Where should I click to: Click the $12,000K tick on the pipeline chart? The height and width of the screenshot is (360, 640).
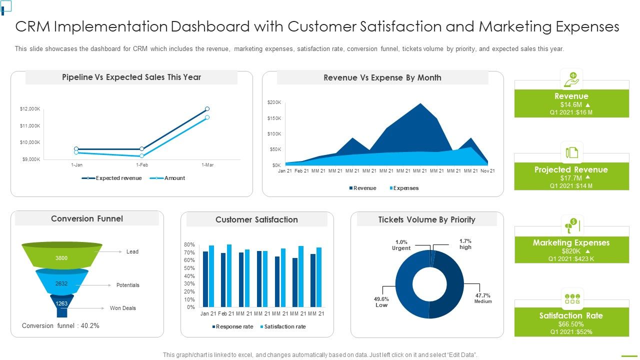coord(30,108)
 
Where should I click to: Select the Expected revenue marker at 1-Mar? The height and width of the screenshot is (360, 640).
coord(207,108)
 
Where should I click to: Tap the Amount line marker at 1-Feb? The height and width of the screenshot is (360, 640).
coord(141,156)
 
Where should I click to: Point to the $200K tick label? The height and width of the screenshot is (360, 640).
coord(274,102)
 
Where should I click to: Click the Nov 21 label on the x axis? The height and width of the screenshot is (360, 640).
coord(487,171)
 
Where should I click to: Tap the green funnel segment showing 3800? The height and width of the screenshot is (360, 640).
coord(61,257)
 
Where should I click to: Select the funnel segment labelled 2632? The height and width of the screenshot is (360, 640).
coord(61,283)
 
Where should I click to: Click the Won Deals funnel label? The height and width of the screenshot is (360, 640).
coord(122,308)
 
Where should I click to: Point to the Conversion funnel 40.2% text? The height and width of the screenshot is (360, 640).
coord(60,325)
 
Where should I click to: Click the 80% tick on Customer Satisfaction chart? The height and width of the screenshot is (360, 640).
coord(189,244)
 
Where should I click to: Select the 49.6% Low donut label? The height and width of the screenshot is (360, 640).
coord(381,302)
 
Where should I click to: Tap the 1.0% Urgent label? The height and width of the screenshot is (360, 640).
coord(401,245)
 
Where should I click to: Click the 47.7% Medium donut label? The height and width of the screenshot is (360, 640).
coord(483,298)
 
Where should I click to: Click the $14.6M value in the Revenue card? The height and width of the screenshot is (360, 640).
coord(571,104)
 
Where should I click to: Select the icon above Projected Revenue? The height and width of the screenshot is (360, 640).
coord(571,152)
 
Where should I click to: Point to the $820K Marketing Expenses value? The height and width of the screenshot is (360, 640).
coord(571,251)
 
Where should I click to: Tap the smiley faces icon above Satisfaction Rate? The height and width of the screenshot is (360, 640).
coord(571,298)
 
